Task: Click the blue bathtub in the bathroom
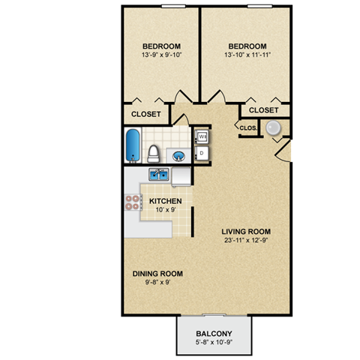[133, 145]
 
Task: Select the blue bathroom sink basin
[180, 156]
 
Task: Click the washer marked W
[202, 136]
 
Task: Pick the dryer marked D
[202, 153]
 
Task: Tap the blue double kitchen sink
[158, 175]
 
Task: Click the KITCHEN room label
[165, 202]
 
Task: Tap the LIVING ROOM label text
[246, 231]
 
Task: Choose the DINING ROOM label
[157, 274]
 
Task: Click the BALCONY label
[214, 333]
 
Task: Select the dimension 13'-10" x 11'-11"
[247, 55]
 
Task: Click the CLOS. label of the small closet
[248, 128]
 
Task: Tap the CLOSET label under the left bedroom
[146, 115]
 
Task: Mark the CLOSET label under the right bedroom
[263, 110]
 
